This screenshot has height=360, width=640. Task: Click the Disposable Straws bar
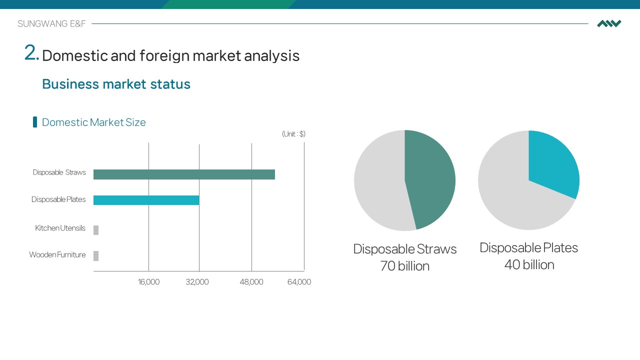tap(184, 174)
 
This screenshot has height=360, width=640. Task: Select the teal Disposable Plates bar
tap(146, 200)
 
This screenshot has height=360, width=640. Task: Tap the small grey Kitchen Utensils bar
tap(96, 230)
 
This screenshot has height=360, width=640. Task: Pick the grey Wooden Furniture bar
tap(96, 255)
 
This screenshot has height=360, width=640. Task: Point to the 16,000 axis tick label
tap(148, 282)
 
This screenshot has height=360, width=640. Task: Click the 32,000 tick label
tap(197, 282)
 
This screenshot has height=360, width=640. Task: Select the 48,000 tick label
tap(251, 282)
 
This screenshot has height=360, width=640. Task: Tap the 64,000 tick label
tap(299, 282)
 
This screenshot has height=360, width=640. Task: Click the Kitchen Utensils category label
tap(60, 228)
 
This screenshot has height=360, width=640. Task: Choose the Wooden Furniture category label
tap(57, 254)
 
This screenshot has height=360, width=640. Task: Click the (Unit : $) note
tap(293, 134)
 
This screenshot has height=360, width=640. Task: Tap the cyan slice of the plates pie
tap(551, 163)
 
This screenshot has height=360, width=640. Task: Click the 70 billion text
tap(405, 266)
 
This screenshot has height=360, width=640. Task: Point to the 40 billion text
tap(529, 265)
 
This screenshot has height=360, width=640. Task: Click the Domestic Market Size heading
tap(93, 122)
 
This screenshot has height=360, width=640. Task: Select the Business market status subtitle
tap(116, 84)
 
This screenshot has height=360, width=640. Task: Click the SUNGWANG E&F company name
tap(51, 23)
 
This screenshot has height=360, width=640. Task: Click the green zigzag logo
tap(609, 23)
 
